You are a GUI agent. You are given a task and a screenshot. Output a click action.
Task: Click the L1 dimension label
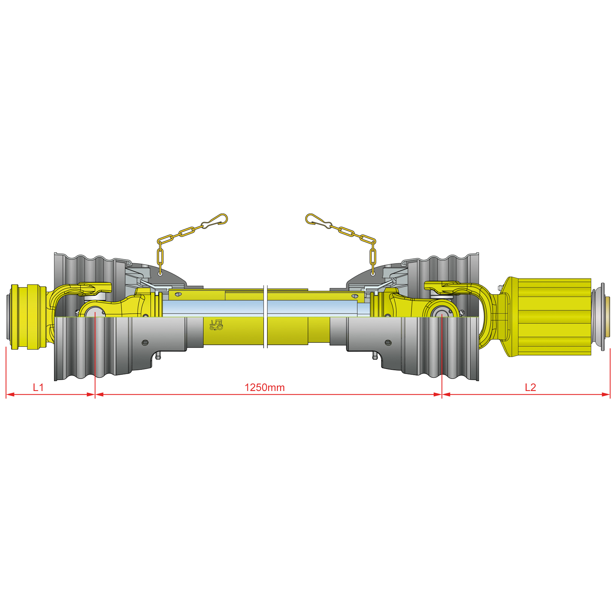[38, 387]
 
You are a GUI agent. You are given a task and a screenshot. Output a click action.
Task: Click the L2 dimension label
[530, 387]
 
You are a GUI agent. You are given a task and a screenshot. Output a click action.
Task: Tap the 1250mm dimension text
[264, 387]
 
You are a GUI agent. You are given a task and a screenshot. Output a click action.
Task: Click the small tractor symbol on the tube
[216, 325]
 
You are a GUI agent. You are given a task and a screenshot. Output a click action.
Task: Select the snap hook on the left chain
[216, 221]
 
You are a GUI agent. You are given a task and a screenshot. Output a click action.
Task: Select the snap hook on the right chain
[318, 221]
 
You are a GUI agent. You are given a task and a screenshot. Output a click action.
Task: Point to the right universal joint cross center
[442, 313]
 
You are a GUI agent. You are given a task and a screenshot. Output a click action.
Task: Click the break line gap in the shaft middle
[266, 317]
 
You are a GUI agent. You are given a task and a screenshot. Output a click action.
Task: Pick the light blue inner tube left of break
[212, 308]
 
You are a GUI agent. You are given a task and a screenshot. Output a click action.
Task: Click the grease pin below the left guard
[158, 356]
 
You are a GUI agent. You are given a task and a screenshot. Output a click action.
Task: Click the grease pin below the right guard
[374, 356]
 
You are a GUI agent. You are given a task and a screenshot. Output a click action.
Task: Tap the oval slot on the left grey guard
[145, 343]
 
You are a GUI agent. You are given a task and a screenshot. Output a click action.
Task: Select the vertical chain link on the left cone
[160, 257]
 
